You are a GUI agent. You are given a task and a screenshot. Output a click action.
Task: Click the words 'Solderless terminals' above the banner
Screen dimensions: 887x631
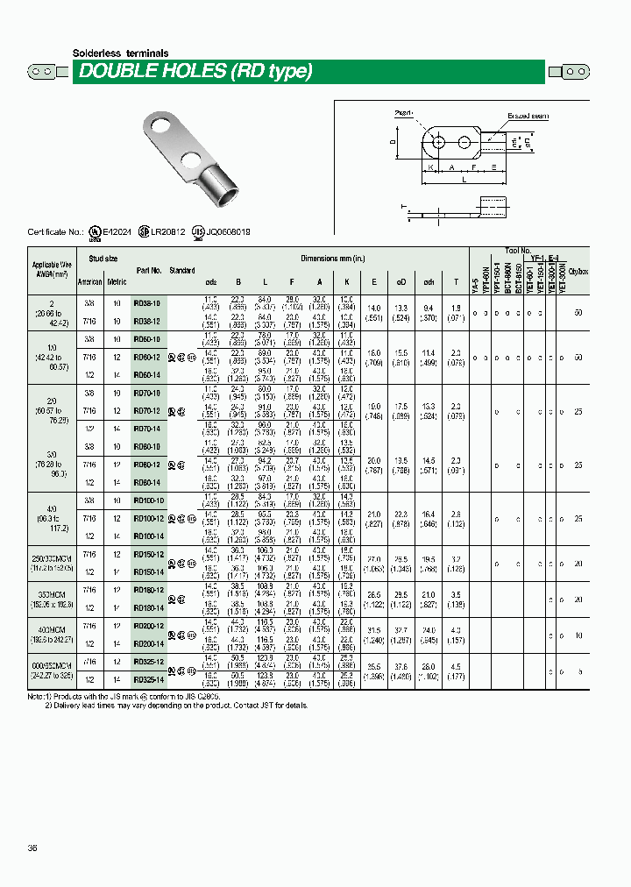[120, 53]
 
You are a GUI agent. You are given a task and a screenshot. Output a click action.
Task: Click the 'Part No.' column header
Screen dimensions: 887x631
[149, 271]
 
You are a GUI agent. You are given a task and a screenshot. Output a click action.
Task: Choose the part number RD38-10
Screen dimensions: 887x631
[146, 302]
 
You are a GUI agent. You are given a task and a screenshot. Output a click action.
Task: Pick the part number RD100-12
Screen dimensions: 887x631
[147, 519]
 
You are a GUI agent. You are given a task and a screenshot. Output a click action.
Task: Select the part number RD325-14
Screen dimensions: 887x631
[147, 678]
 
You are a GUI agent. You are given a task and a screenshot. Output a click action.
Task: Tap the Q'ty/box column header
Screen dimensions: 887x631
[578, 272]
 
